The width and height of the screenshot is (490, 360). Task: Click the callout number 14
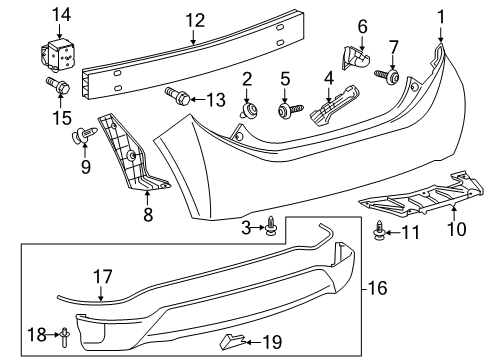click(x=62, y=13)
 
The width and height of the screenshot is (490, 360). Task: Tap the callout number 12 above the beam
click(x=194, y=17)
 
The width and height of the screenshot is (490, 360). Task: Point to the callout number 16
click(x=378, y=288)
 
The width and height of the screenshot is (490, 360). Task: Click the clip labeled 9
click(x=80, y=135)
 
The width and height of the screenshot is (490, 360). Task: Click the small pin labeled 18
click(x=65, y=334)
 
